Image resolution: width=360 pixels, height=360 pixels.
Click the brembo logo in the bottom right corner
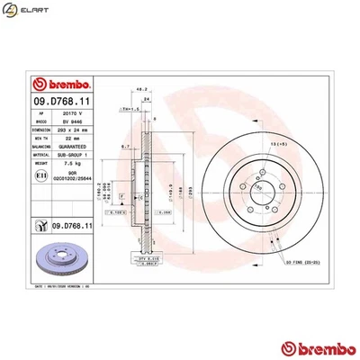[x=313, y=346]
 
